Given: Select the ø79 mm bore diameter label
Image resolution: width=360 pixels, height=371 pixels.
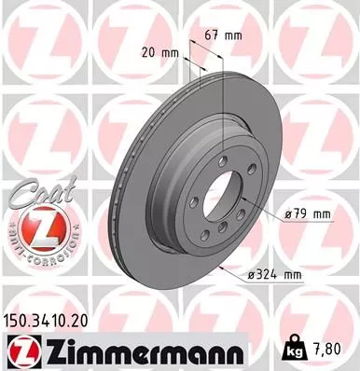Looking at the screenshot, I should coord(309,213).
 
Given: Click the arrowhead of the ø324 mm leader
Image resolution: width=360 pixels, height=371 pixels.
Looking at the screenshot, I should coord(220,264).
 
